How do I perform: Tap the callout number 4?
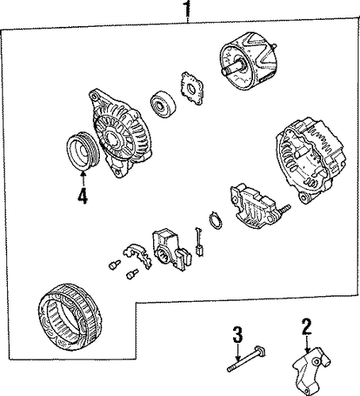point(82,196)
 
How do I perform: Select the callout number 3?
point(238,334)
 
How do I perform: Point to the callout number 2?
point(306,326)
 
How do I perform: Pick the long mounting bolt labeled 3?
point(247,360)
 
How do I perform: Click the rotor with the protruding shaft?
point(247,62)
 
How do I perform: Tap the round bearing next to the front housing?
point(163,105)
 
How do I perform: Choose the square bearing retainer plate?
point(192,89)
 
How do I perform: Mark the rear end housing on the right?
point(311,161)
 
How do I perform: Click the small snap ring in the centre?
point(215,220)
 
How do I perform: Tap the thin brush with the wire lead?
point(198,242)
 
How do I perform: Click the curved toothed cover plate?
point(137,256)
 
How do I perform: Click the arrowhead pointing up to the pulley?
point(83,174)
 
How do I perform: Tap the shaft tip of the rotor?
point(224,72)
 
